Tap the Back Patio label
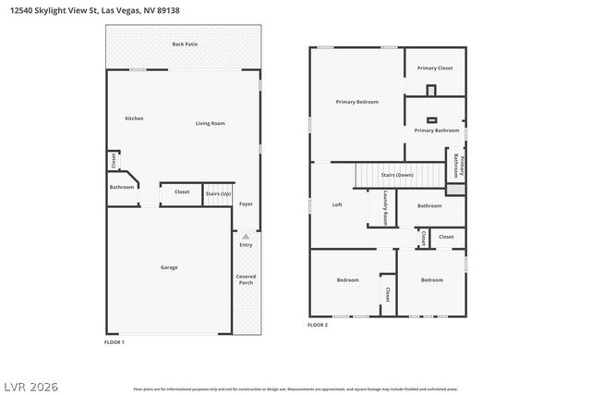tap(185, 43)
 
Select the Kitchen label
tap(134, 118)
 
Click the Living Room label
tap(210, 123)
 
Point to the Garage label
tap(169, 267)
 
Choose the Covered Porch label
tap(246, 278)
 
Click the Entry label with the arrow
tap(246, 243)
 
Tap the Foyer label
tap(246, 204)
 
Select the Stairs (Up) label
tap(218, 192)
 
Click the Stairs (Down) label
tap(397, 175)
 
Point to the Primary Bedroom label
tap(356, 102)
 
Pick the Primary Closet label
tap(434, 68)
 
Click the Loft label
tap(337, 204)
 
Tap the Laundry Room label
tap(385, 208)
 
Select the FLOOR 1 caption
tap(114, 342)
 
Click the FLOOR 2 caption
tap(318, 325)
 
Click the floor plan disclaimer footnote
tap(295, 389)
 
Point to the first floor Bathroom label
tap(122, 187)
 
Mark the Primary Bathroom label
tap(436, 130)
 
